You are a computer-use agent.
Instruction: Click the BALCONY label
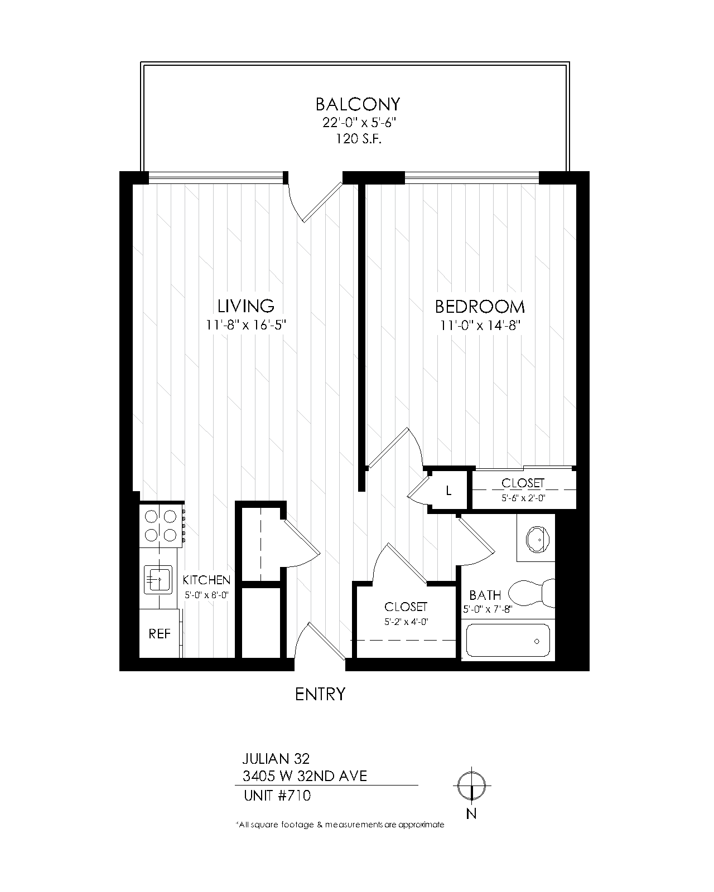coord(358,104)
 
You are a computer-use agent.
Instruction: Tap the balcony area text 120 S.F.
coord(359,138)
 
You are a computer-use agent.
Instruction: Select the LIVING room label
coord(246,306)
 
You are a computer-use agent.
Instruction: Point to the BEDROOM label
coord(480,307)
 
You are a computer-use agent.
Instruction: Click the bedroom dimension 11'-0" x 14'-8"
coord(480,326)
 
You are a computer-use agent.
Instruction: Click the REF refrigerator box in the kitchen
coord(160,633)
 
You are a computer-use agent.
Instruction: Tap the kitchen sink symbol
coord(158,579)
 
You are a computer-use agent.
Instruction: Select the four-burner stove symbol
coord(161,526)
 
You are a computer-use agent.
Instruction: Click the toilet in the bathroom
coord(532,592)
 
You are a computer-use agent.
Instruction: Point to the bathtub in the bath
coord(508,641)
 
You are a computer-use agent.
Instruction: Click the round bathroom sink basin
coord(538,539)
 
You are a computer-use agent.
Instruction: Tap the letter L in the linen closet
coord(448,491)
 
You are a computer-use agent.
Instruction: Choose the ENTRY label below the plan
coord(320,694)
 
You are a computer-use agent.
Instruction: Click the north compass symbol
coord(472,786)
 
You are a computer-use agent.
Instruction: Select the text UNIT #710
coord(277,796)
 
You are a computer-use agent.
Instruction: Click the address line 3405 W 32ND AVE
coord(305,776)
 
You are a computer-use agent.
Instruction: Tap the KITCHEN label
coord(206,580)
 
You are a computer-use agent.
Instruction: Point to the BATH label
coord(485,595)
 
